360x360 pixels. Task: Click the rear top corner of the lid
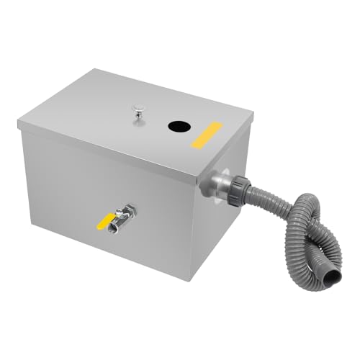(96, 70)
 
